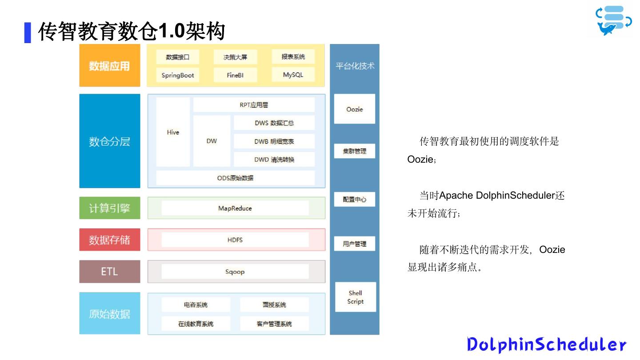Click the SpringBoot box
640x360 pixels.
point(178,75)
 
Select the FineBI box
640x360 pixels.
point(235,75)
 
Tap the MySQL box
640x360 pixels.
point(293,75)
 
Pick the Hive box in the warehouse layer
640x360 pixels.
point(173,132)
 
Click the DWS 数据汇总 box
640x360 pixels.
point(274,123)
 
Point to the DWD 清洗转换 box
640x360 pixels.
point(274,159)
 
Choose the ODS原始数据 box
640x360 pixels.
point(235,178)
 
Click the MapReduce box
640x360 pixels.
point(235,208)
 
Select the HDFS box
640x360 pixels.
point(235,240)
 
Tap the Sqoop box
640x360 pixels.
point(235,272)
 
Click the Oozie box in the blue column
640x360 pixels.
point(355,109)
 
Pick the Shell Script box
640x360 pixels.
point(355,297)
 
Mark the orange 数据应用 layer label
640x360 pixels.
point(109,66)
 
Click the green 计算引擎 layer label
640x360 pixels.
point(109,208)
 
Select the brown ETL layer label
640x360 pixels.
point(109,272)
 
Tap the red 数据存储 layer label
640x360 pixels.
point(109,240)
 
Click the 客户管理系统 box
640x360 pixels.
point(274,324)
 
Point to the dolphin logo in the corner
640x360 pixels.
point(613,20)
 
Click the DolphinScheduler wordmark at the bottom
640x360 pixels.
point(546,344)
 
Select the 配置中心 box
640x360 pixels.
point(355,200)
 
